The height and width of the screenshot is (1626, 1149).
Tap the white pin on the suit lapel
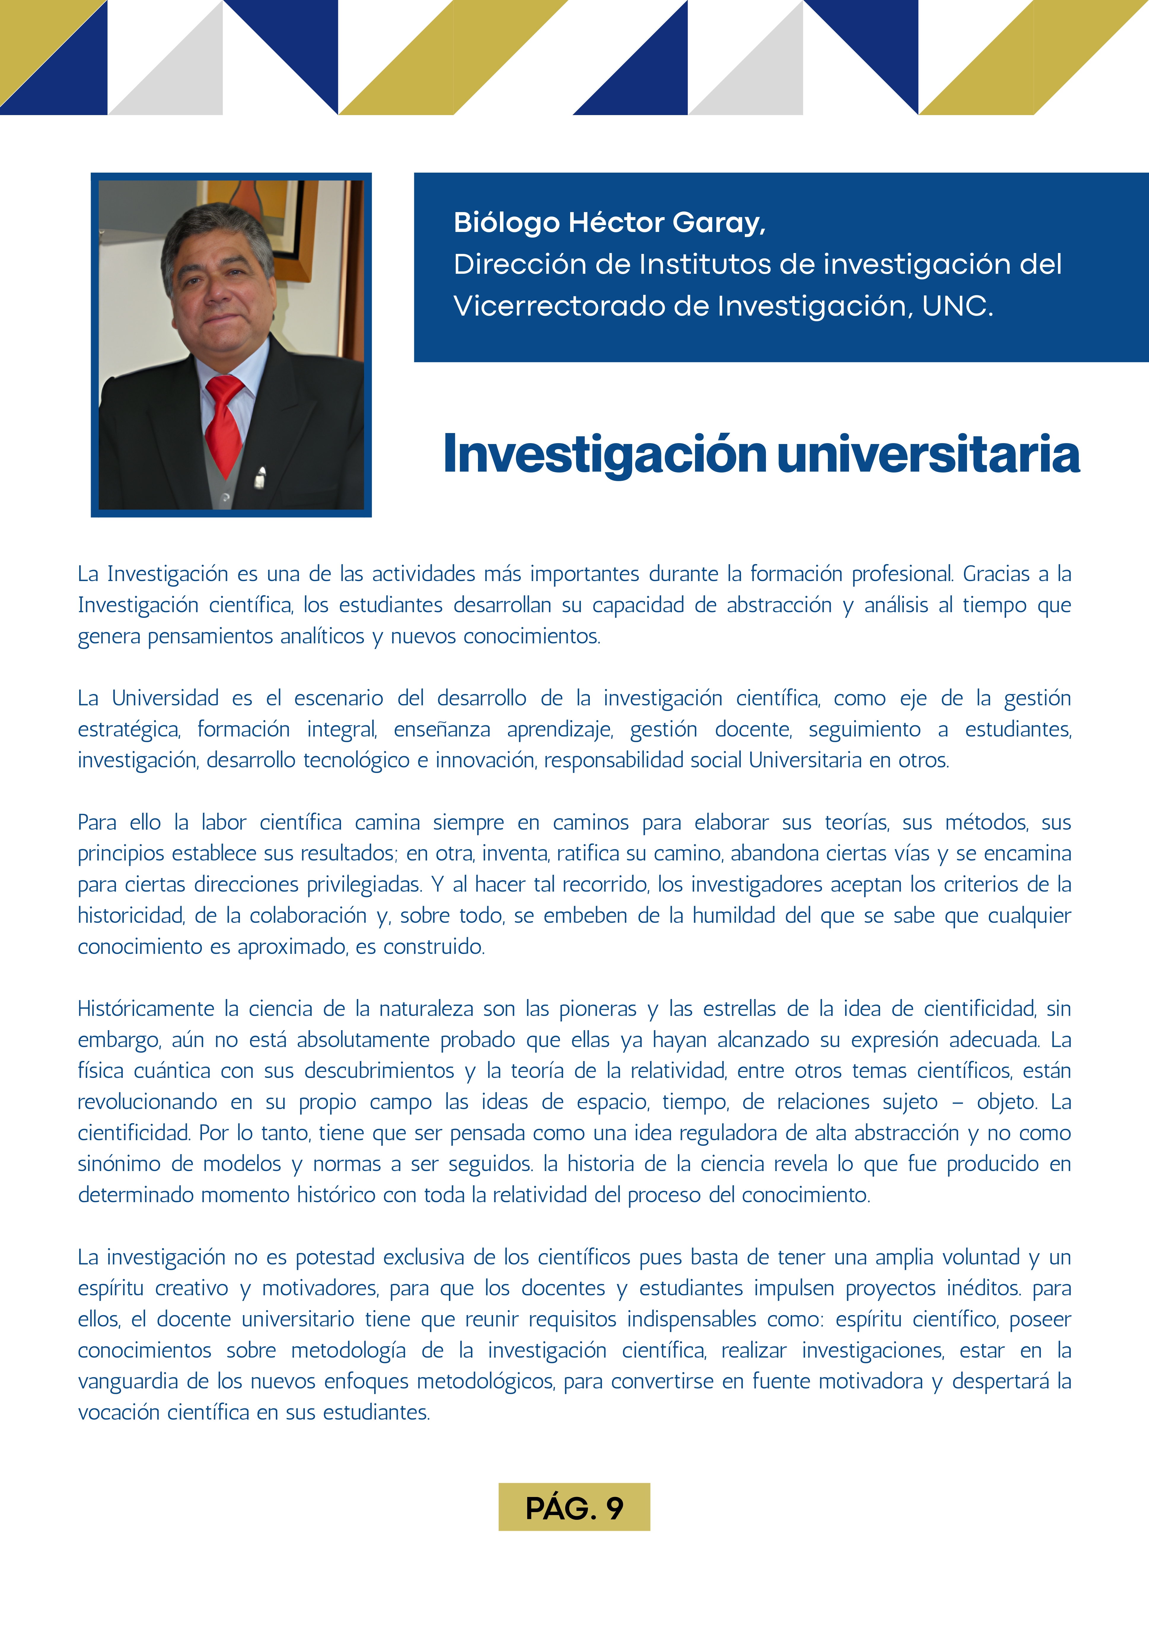[261, 478]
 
